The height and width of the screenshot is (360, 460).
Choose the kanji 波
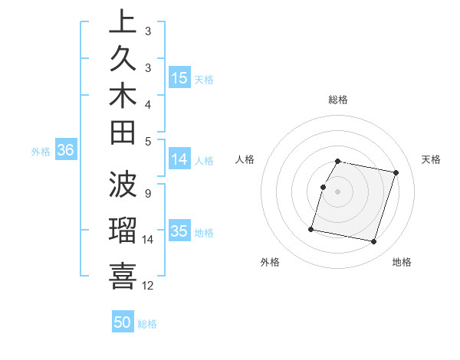(x=123, y=184)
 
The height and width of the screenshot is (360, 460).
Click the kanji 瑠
(x=123, y=230)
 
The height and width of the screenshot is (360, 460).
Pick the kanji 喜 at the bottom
(x=123, y=274)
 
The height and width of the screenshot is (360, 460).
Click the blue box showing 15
(x=179, y=77)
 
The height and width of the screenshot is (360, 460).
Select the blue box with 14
(x=179, y=159)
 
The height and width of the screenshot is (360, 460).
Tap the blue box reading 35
(x=179, y=231)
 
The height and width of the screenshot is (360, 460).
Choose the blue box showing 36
(x=65, y=151)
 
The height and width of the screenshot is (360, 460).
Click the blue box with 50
(x=123, y=322)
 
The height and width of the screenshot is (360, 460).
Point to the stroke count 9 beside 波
(x=147, y=193)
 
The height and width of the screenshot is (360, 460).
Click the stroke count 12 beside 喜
(x=149, y=286)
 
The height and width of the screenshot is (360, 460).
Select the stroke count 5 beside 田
(x=147, y=141)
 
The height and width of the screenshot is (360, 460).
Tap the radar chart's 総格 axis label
(x=337, y=100)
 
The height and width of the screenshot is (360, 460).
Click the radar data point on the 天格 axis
(x=396, y=173)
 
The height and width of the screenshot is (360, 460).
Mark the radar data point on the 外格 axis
(x=311, y=228)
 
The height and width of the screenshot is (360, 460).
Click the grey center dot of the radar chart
(x=337, y=191)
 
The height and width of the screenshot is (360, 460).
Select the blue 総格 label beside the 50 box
(x=147, y=324)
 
